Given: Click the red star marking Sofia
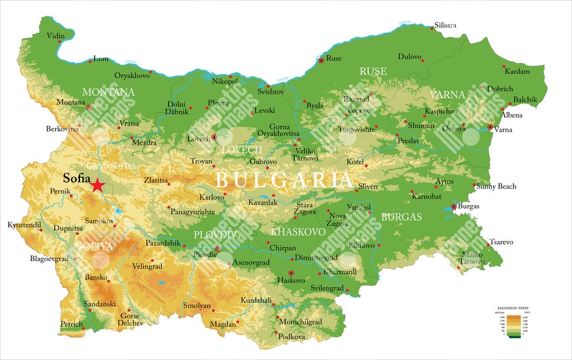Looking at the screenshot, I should point(98,185).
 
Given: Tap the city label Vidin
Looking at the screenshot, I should point(56,35).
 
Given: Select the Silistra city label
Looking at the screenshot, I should point(445,26).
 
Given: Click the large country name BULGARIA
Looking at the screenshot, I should point(283,179).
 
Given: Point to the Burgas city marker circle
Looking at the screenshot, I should point(453,207).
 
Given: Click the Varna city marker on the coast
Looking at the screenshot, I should point(490,127).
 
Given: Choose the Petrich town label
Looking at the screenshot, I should point(71,324).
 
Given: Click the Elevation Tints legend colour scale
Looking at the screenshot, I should point(513,325).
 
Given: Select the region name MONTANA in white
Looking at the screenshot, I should point(108,92).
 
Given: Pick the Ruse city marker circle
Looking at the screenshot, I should point(321,60).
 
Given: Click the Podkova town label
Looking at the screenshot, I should point(291,336).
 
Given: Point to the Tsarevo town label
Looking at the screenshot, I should point(500,242).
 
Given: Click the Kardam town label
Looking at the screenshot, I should point(517,71).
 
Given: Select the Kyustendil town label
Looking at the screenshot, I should point(24,225).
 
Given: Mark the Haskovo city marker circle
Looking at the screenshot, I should point(291,273).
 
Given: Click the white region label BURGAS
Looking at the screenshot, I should point(401,216).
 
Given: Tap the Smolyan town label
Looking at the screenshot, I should point(197,306).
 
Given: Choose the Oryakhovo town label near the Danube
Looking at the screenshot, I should point(132,75).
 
